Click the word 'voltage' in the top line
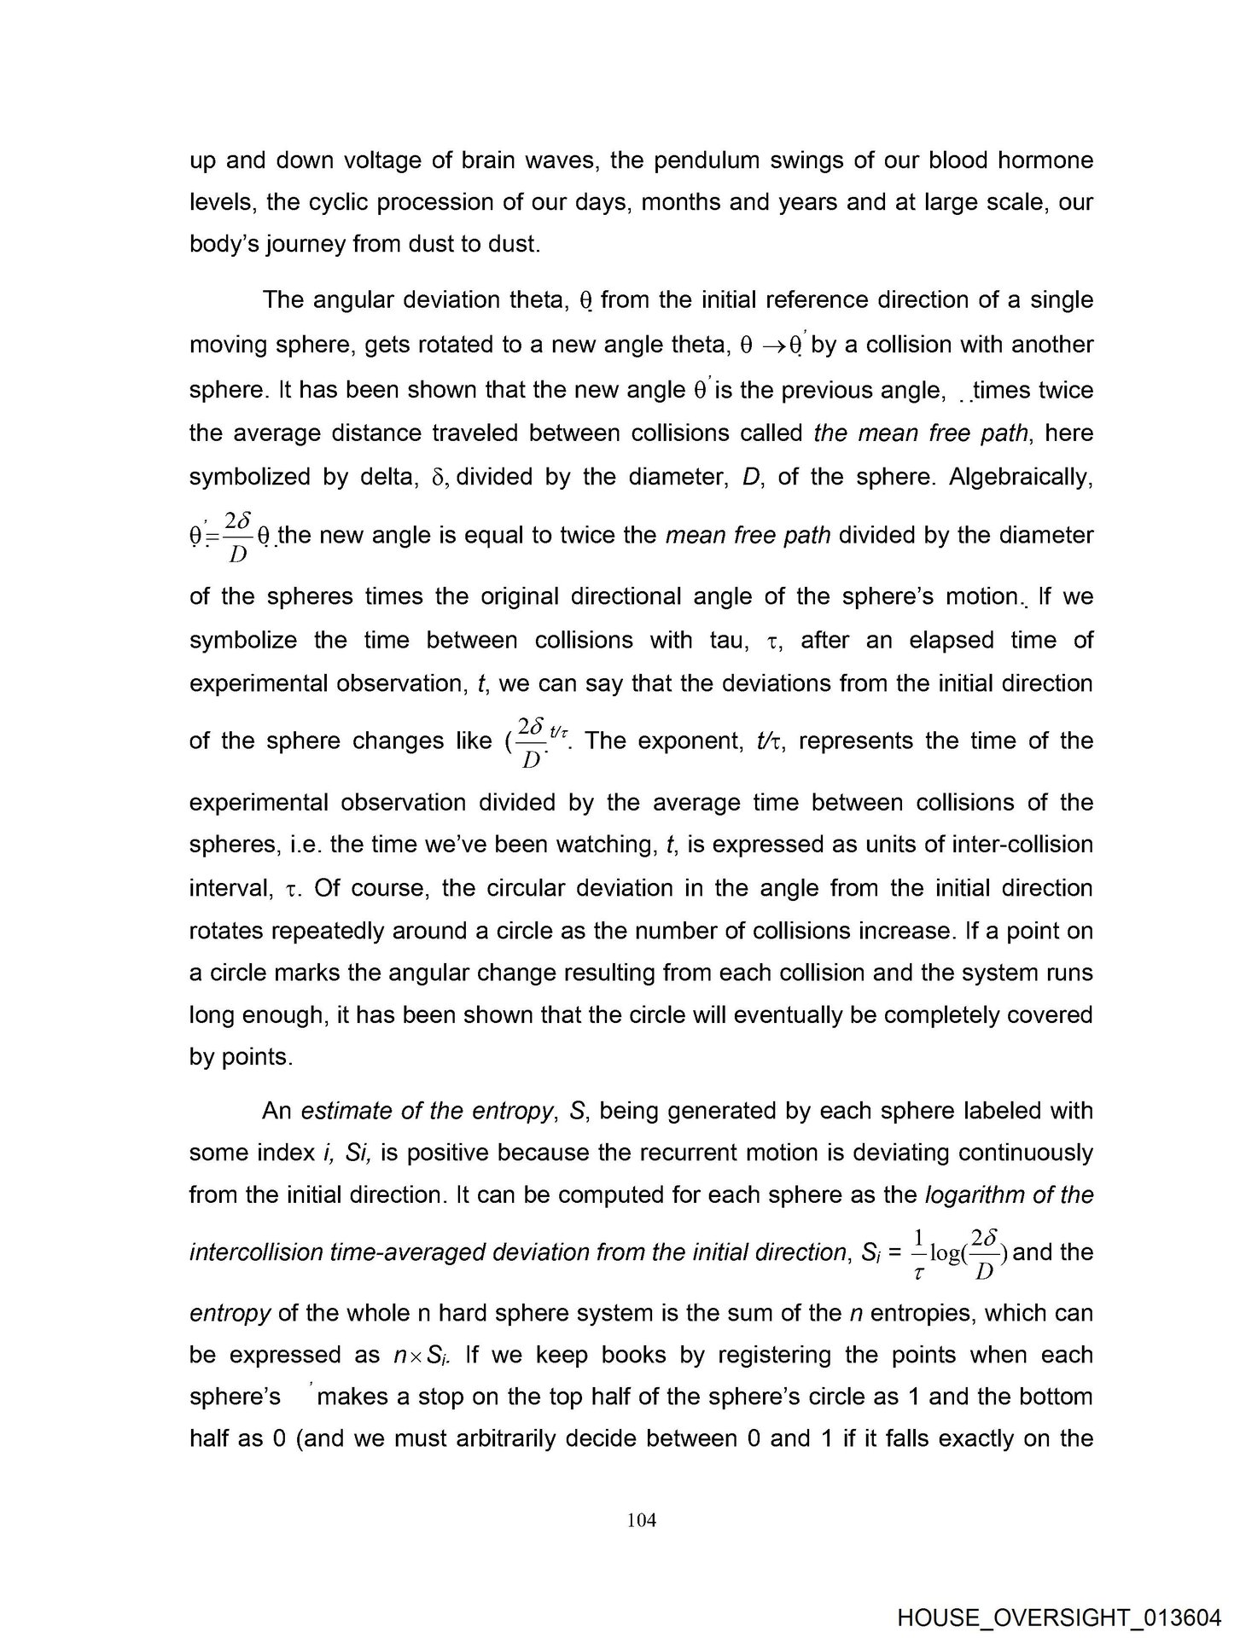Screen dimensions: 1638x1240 (x=389, y=160)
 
